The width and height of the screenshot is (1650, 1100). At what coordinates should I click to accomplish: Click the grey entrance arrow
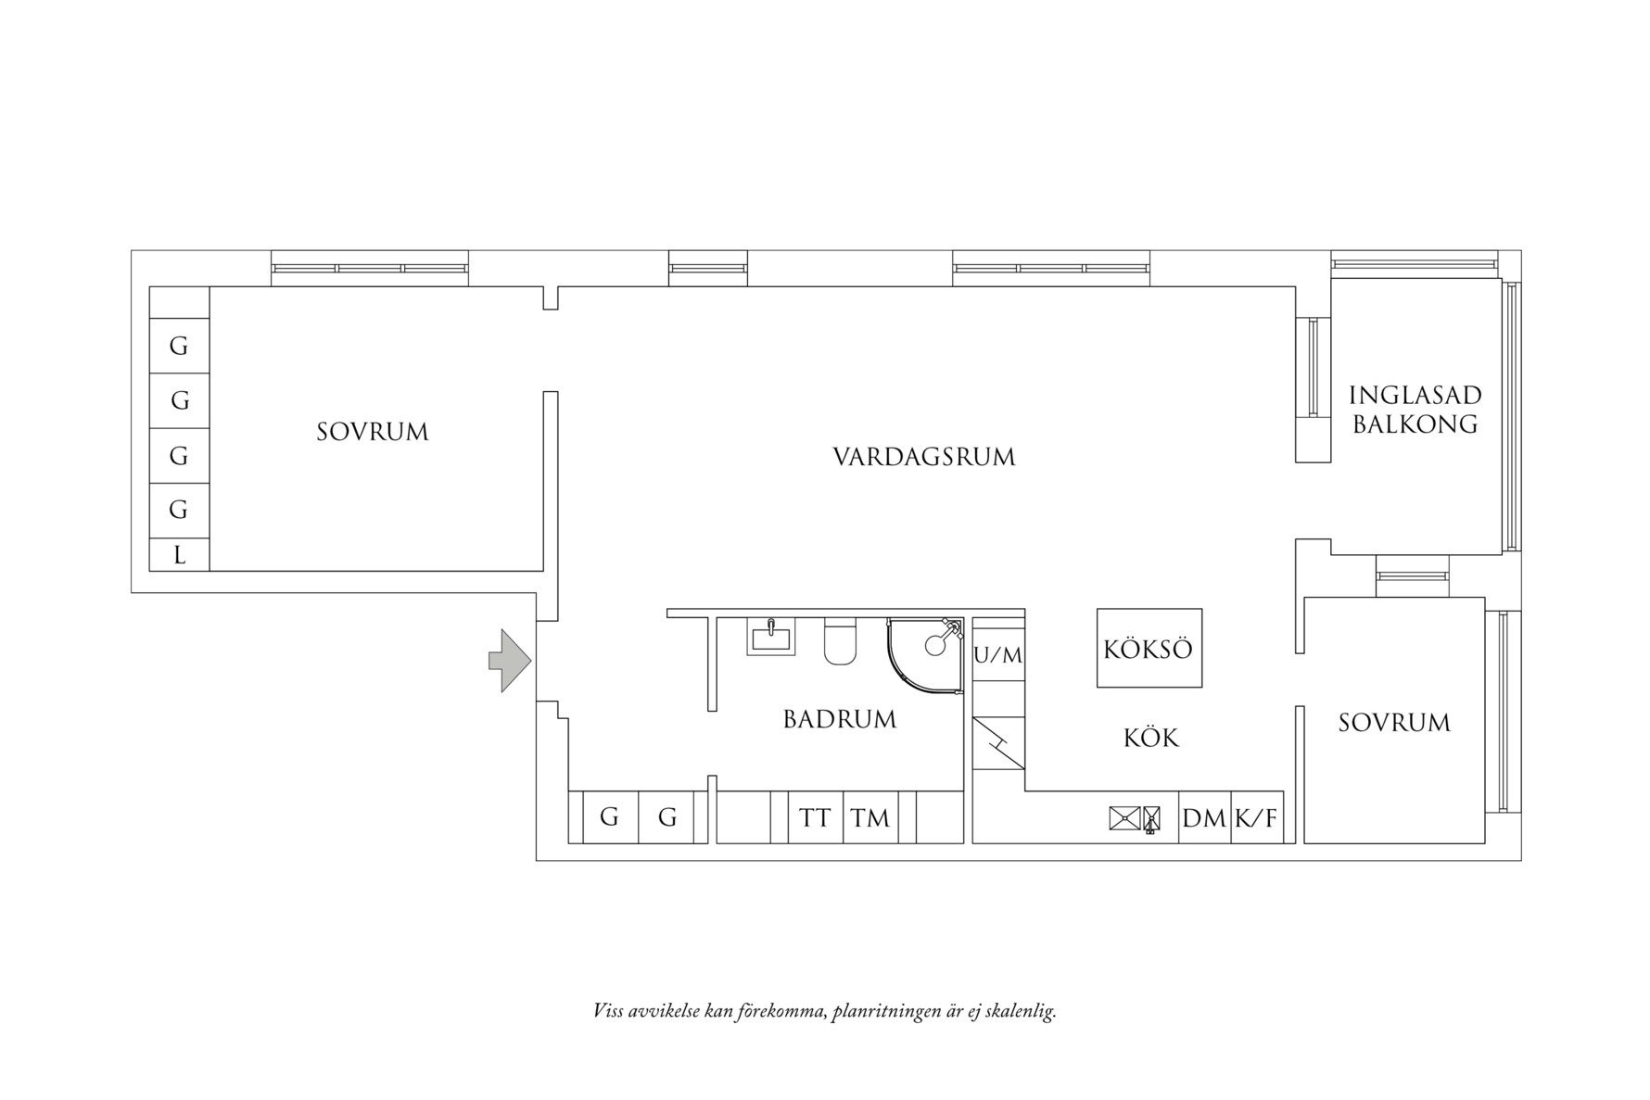click(x=509, y=661)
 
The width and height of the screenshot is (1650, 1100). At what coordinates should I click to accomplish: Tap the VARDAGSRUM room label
click(x=923, y=457)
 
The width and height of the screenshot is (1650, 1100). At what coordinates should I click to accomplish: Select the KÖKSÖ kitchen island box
click(x=1149, y=648)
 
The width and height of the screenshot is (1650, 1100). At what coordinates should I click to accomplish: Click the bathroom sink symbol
click(x=770, y=637)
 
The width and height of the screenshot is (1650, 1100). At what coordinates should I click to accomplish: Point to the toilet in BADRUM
click(x=840, y=641)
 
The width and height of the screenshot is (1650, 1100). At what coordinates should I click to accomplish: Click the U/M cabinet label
click(x=998, y=655)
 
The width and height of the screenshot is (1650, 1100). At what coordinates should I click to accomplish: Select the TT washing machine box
click(x=816, y=817)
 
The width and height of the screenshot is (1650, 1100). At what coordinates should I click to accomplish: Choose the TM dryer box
click(x=870, y=817)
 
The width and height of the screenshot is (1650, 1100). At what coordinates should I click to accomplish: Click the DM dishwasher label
click(x=1203, y=818)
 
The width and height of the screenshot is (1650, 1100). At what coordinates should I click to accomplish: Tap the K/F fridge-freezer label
click(x=1256, y=818)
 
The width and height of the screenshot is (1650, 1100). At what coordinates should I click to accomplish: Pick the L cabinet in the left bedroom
click(x=179, y=555)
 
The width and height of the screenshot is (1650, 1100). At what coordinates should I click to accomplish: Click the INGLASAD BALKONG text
click(x=1415, y=409)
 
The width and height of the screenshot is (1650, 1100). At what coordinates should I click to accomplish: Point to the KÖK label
click(x=1150, y=738)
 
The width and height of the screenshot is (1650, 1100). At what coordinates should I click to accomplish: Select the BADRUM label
click(x=839, y=719)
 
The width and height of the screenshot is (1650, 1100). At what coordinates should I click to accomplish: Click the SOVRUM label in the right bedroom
click(x=1393, y=723)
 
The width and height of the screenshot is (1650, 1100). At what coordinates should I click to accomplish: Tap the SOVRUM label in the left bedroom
click(x=372, y=432)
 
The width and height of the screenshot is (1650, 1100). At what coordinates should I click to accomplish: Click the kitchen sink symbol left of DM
click(x=1123, y=818)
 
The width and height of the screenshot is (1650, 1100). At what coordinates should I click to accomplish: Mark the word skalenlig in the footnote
click(x=1022, y=1011)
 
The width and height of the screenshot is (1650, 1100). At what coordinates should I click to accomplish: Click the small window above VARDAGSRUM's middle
click(x=708, y=268)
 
